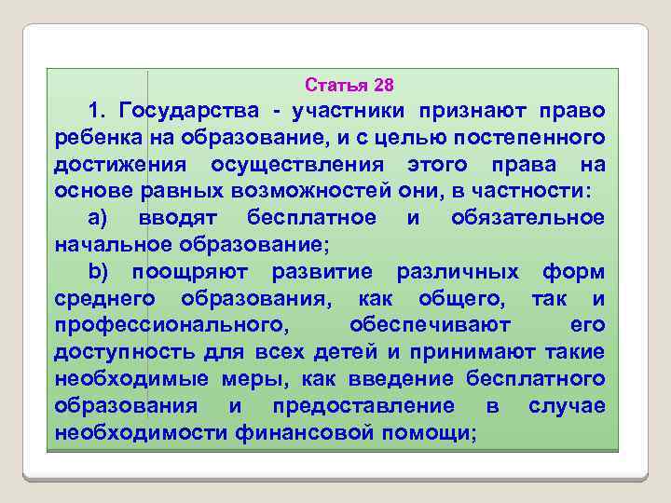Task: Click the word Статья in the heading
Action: tap(335, 86)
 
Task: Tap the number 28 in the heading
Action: tap(383, 86)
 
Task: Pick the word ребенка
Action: tap(96, 138)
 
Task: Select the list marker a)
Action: tap(103, 218)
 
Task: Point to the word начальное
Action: tap(106, 245)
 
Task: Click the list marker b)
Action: tap(103, 272)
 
